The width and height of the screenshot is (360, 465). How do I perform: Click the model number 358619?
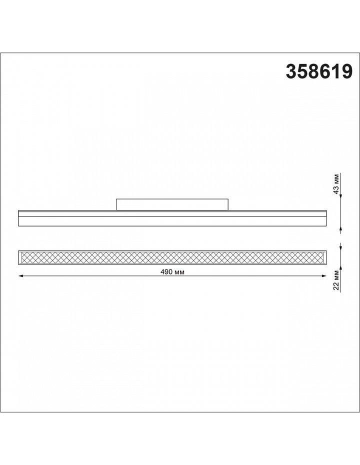319,71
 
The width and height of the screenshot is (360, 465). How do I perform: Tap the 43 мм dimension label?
336,186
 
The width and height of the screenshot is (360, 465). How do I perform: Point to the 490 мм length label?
172,272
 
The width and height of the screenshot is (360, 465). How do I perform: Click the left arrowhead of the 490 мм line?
20,276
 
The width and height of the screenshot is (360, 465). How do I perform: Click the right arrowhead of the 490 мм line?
324,276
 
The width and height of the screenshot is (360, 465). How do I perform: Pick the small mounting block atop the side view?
172,204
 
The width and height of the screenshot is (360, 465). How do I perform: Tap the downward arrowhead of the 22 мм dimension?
341,248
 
